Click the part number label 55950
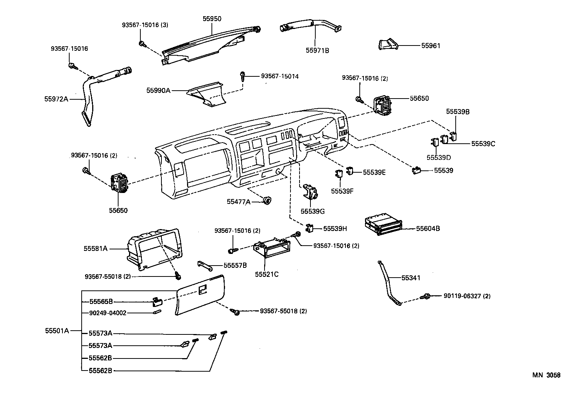(x=212, y=18)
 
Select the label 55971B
(x=317, y=50)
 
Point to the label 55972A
(x=56, y=99)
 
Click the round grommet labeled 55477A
(x=267, y=201)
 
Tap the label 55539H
(x=335, y=228)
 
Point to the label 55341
(x=411, y=278)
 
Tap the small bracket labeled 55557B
(x=205, y=266)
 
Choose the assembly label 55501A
(x=57, y=331)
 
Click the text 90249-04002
(x=108, y=313)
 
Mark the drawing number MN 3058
(x=546, y=375)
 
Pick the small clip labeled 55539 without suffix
(x=416, y=170)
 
